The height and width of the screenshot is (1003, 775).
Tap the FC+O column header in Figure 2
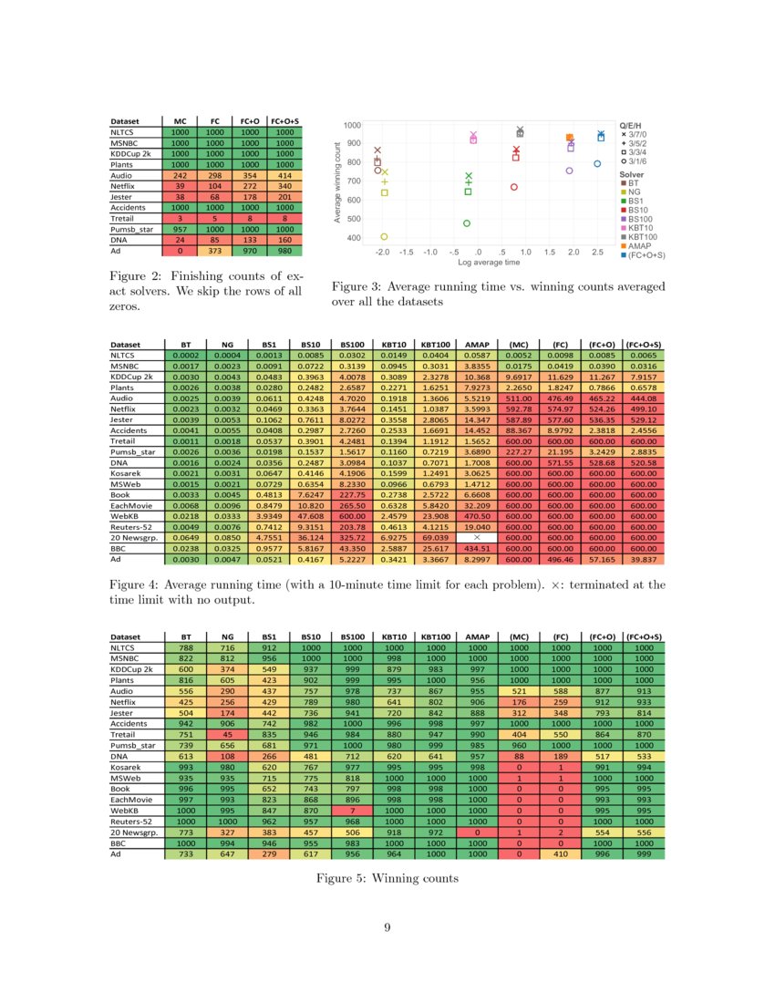(250, 120)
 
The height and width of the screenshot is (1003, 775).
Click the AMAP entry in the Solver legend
(638, 246)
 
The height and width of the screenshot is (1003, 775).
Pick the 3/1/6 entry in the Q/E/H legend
(637, 160)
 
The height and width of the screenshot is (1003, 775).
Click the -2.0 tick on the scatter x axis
(382, 251)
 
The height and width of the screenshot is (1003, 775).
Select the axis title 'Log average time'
(490, 262)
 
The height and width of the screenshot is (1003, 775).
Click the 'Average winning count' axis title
(338, 182)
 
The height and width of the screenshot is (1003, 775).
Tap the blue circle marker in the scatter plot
(597, 164)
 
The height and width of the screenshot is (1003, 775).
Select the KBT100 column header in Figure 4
(435, 345)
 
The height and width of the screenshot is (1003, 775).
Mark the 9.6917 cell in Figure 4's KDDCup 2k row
(519, 377)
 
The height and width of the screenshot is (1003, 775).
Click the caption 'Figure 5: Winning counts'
(387, 879)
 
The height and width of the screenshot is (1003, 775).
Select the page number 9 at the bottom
(387, 928)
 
